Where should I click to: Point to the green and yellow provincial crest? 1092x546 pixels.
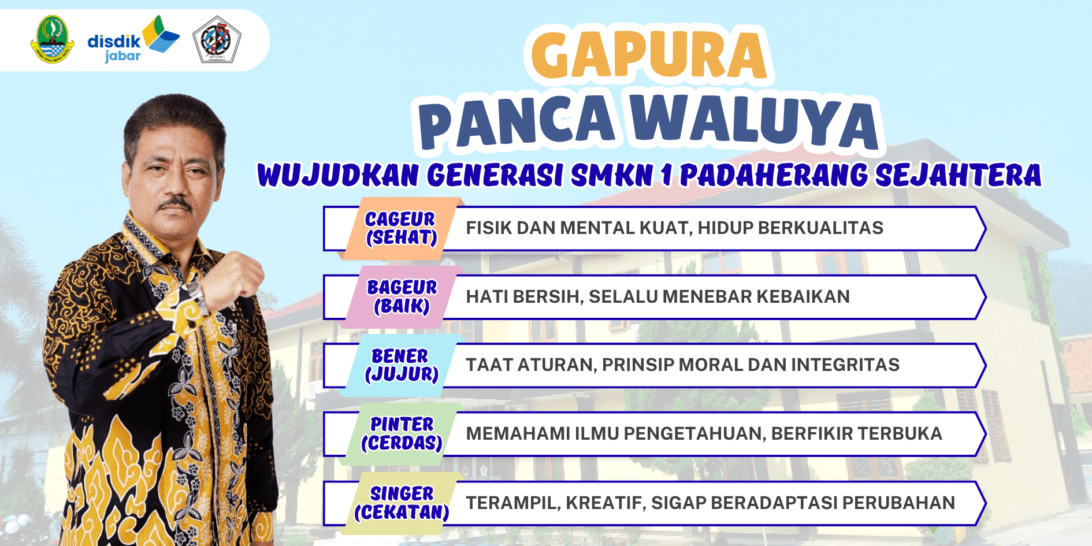52,39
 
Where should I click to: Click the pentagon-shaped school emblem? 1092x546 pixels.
217,39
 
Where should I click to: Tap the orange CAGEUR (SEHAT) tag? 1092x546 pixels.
401,228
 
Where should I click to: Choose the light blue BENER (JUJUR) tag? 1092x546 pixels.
401,365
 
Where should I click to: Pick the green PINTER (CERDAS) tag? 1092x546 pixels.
401,434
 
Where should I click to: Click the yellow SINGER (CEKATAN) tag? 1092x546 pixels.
401,503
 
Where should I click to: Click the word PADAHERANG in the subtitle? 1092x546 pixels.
774,176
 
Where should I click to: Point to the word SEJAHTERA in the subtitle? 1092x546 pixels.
958,176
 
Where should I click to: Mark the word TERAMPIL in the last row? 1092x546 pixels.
513,503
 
